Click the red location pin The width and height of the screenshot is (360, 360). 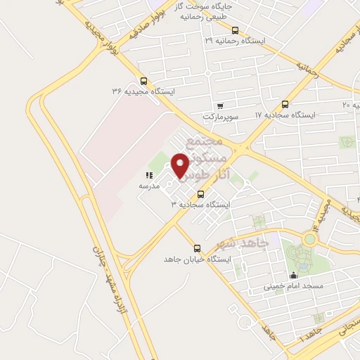[x=181, y=165]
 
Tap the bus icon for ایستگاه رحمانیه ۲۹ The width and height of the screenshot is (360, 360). [x=235, y=30]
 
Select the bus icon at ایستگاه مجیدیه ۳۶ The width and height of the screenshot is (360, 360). [x=144, y=81]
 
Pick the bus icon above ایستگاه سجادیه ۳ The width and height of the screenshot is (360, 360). [x=201, y=194]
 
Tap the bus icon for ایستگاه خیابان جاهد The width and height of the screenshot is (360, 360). [x=197, y=248]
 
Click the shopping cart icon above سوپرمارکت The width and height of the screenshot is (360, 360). [x=220, y=105]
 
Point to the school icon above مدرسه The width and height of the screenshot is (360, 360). [x=148, y=175]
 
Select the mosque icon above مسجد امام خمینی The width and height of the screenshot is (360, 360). [x=293, y=276]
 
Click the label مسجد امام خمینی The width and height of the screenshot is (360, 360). [x=293, y=286]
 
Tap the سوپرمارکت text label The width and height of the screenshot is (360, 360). [x=222, y=115]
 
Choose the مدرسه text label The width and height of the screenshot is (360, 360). [x=148, y=186]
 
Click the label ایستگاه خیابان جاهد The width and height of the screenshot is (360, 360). [x=197, y=259]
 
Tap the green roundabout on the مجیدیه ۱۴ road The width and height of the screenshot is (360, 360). [x=310, y=238]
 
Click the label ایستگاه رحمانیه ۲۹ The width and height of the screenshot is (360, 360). [x=235, y=41]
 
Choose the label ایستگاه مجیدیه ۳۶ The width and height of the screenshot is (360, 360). [x=143, y=91]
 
